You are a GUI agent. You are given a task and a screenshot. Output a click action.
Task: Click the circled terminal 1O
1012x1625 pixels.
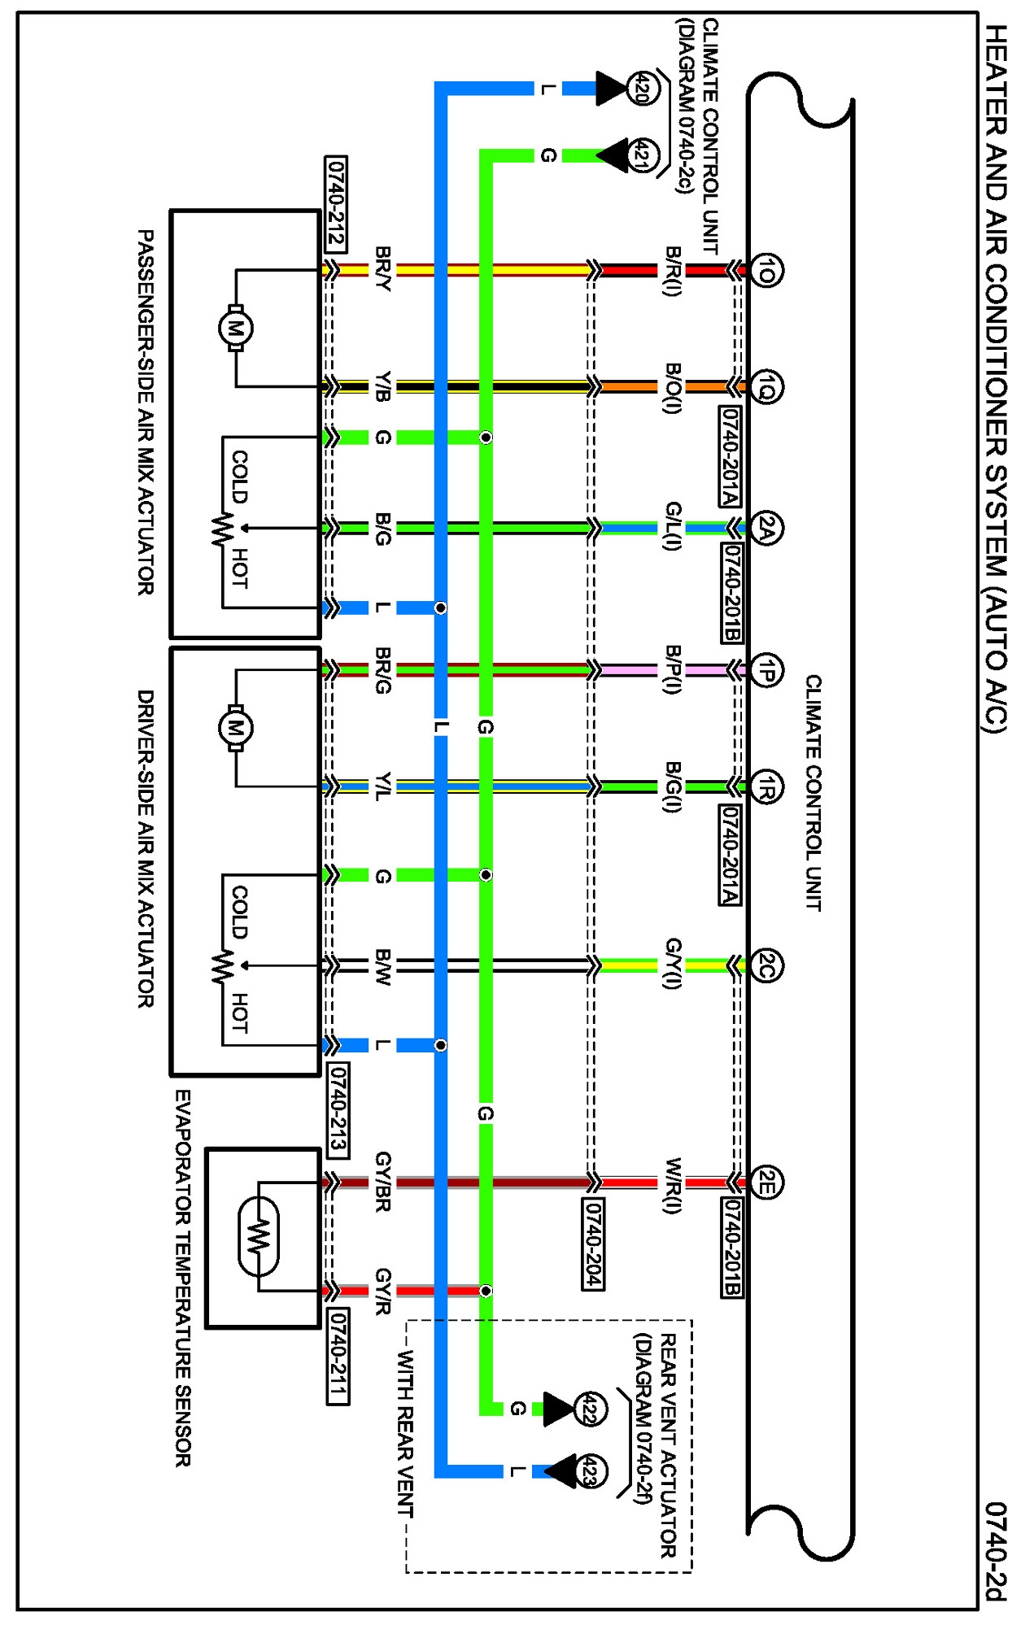pyautogui.click(x=766, y=270)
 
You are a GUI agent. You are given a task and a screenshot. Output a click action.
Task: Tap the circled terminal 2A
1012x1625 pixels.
pyautogui.click(x=766, y=529)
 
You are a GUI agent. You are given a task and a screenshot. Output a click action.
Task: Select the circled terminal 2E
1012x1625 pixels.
pyautogui.click(x=766, y=1183)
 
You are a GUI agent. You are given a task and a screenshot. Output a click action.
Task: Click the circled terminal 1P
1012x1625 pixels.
pyautogui.click(x=766, y=670)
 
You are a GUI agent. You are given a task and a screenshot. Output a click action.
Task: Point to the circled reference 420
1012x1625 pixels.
pyautogui.click(x=642, y=88)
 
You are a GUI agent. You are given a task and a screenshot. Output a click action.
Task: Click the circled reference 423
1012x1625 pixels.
pyautogui.click(x=590, y=1471)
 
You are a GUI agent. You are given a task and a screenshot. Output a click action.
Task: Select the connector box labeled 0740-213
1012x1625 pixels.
pyautogui.click(x=338, y=1109)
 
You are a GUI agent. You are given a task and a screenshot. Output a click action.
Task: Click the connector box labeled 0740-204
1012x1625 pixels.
pyautogui.click(x=593, y=1244)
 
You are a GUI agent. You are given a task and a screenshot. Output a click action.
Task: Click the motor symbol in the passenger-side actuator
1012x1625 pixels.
pyautogui.click(x=235, y=329)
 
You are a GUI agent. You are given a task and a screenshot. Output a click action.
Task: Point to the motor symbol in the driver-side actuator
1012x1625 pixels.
pyautogui.click(x=235, y=728)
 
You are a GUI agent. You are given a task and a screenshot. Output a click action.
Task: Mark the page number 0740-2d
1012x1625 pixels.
pyautogui.click(x=996, y=1550)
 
